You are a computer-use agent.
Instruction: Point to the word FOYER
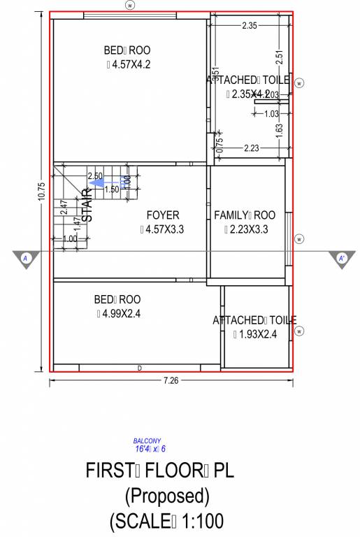163,215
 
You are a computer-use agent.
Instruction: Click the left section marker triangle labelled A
24,258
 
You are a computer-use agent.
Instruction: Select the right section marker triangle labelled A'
342,258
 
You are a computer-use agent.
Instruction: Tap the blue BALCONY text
147,441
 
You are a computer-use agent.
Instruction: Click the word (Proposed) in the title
167,496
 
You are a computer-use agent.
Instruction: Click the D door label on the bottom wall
140,367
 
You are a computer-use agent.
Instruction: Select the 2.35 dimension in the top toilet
250,26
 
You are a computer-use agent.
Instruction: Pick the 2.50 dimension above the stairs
95,176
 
